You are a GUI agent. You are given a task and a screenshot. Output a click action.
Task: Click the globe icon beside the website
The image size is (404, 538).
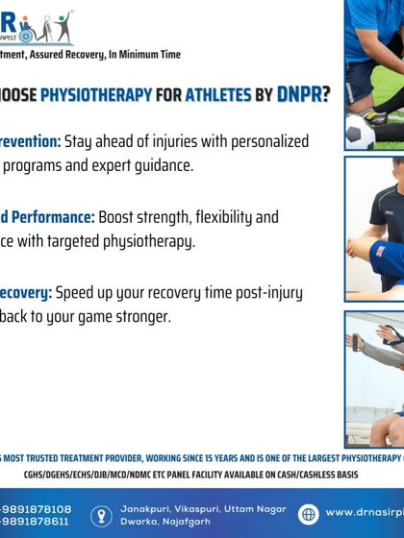pyautogui.click(x=308, y=514)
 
